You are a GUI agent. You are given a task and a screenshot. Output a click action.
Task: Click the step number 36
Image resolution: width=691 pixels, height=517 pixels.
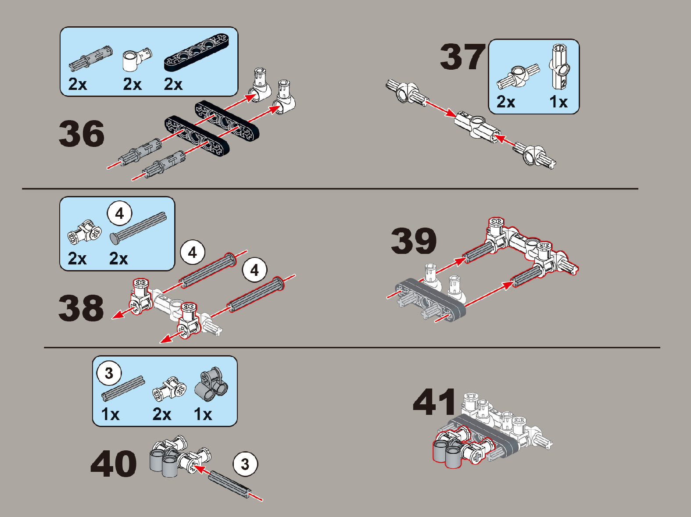coord(82,134)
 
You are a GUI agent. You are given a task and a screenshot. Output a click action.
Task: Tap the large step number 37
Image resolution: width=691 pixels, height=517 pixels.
coord(463,57)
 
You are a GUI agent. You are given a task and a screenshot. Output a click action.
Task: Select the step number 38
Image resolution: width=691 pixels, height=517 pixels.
coord(81,308)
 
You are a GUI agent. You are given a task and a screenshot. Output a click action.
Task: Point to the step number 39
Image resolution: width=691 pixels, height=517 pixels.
coord(414,241)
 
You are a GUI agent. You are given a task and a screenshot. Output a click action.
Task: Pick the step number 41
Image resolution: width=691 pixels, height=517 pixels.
coord(434,402)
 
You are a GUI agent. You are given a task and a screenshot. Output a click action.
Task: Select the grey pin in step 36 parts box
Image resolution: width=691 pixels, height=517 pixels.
coord(91,59)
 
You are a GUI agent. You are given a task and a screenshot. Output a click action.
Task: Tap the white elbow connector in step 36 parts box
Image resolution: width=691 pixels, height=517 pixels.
coord(136,60)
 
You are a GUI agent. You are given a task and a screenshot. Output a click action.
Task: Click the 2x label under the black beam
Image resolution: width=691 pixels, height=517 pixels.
coord(173,84)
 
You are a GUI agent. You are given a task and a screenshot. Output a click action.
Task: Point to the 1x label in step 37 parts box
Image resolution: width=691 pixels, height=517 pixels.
coord(558,102)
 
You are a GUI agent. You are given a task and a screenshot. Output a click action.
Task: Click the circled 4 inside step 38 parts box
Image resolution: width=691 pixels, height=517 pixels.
coord(120,214)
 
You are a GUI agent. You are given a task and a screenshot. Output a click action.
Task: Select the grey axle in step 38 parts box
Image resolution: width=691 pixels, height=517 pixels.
coord(138,228)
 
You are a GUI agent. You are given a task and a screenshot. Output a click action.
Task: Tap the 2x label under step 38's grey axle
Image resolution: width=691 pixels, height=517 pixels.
coord(118,259)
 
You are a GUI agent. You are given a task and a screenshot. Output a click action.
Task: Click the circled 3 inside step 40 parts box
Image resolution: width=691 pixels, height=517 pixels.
coord(109,373)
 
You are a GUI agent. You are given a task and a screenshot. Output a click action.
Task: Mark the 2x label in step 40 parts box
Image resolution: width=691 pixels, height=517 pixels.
coord(162,414)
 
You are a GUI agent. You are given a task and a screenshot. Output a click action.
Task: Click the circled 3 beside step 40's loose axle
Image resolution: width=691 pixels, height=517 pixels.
coord(245,464)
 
